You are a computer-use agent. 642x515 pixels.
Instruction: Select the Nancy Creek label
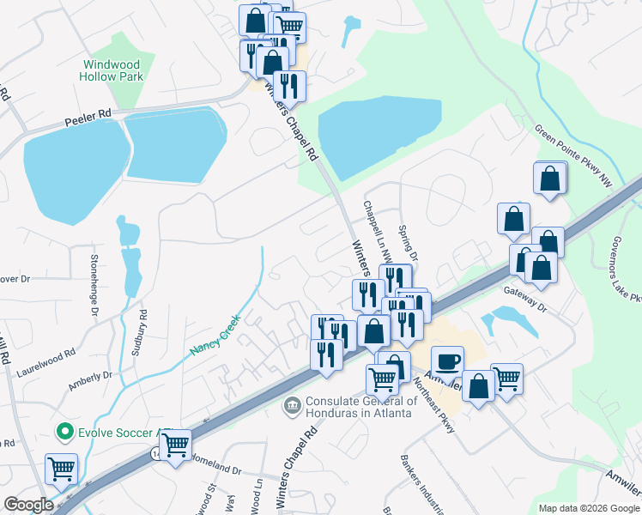tap(216, 337)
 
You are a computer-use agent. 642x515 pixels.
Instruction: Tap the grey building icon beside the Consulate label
tap(292, 403)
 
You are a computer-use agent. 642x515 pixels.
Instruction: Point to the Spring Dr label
tap(409, 244)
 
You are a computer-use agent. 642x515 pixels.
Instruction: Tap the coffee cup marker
tap(446, 361)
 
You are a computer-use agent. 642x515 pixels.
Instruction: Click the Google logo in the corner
tap(28, 505)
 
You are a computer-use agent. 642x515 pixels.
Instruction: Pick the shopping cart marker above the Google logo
tap(63, 469)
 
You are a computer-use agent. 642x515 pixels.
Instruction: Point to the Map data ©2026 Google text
tap(590, 507)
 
